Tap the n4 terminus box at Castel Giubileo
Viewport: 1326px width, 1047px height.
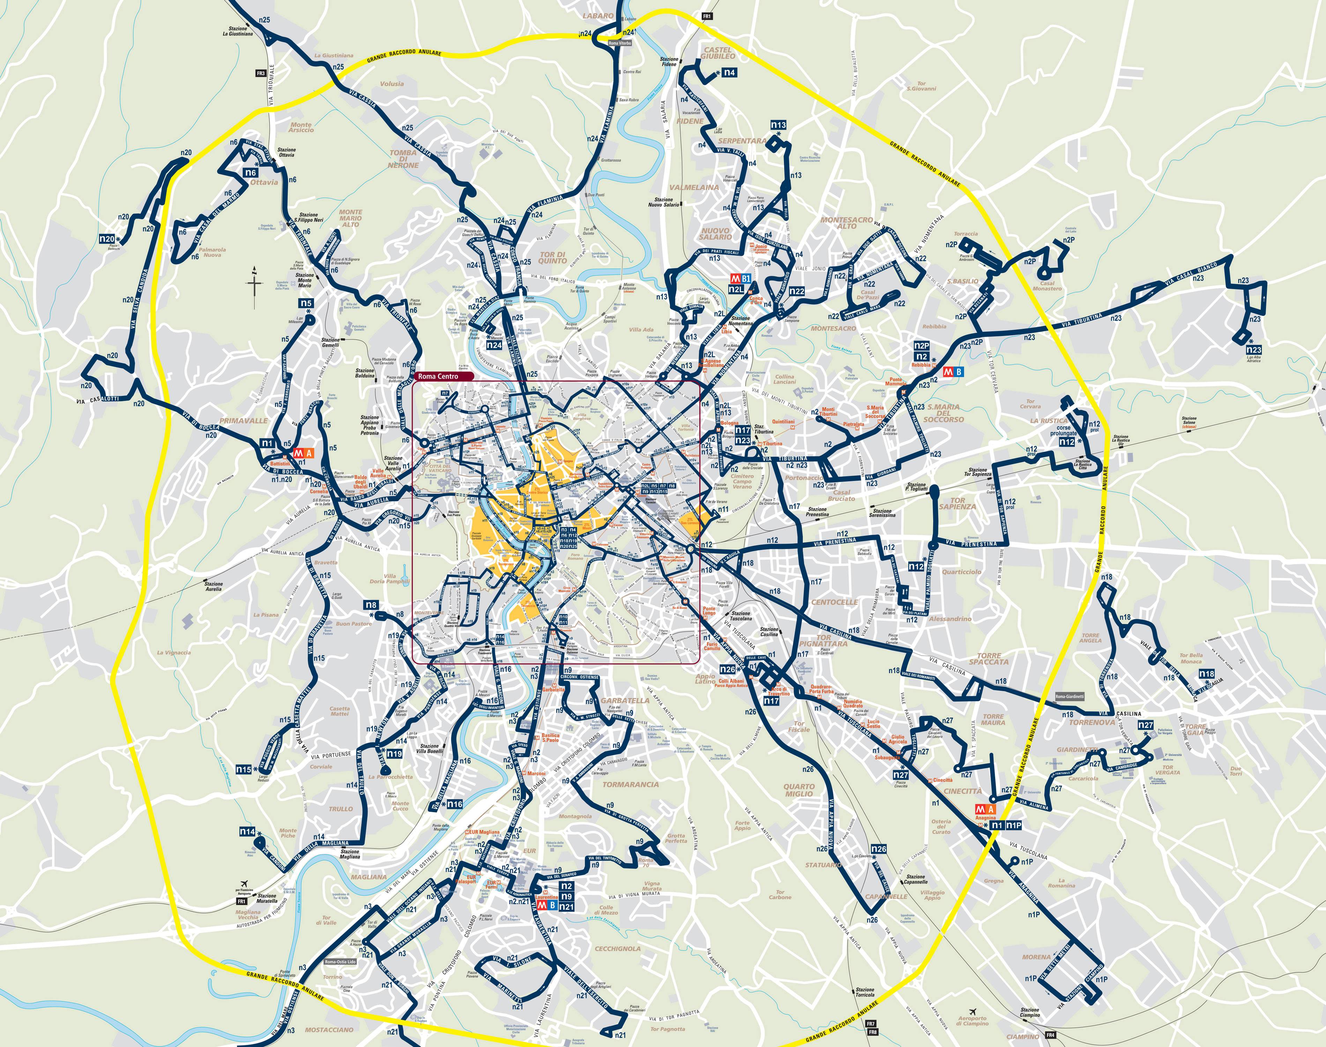point(729,72)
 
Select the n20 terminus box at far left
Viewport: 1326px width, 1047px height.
point(107,239)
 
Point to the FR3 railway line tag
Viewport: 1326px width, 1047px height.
point(261,74)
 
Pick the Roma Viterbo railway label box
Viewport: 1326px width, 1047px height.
point(619,44)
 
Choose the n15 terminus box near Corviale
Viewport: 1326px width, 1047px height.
point(244,769)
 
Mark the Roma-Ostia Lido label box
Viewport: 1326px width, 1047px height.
point(340,961)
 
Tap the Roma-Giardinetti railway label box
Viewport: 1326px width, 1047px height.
point(1069,696)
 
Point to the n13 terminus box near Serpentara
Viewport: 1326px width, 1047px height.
point(779,125)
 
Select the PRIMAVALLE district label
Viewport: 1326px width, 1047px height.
point(243,421)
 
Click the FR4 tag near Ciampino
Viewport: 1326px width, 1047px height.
point(1051,1035)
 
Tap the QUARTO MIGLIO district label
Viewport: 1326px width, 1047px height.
point(799,790)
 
